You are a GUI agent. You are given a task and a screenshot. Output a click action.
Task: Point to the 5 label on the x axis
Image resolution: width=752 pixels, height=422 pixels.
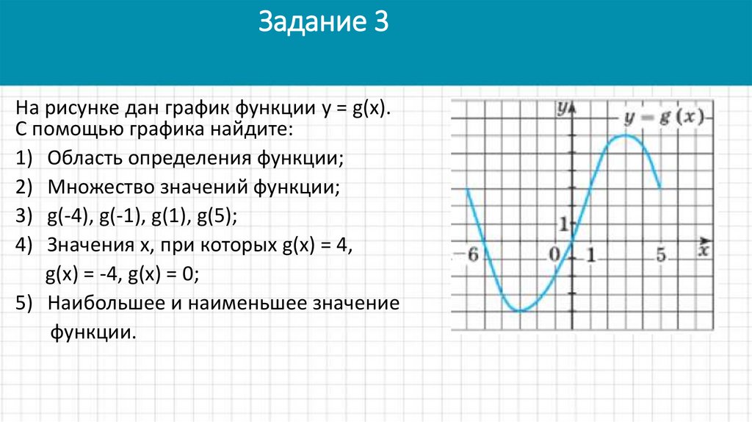(x=661, y=255)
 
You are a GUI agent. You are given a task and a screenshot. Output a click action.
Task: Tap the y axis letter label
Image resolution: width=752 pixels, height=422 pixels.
(x=561, y=109)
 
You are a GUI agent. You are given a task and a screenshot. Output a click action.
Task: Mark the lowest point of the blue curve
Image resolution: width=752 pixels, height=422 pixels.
(x=520, y=310)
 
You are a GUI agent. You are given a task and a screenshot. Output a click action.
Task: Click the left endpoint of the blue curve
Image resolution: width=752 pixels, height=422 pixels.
(x=468, y=189)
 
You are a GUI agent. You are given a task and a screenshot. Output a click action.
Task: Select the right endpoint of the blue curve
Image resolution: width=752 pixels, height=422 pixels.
(x=661, y=189)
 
